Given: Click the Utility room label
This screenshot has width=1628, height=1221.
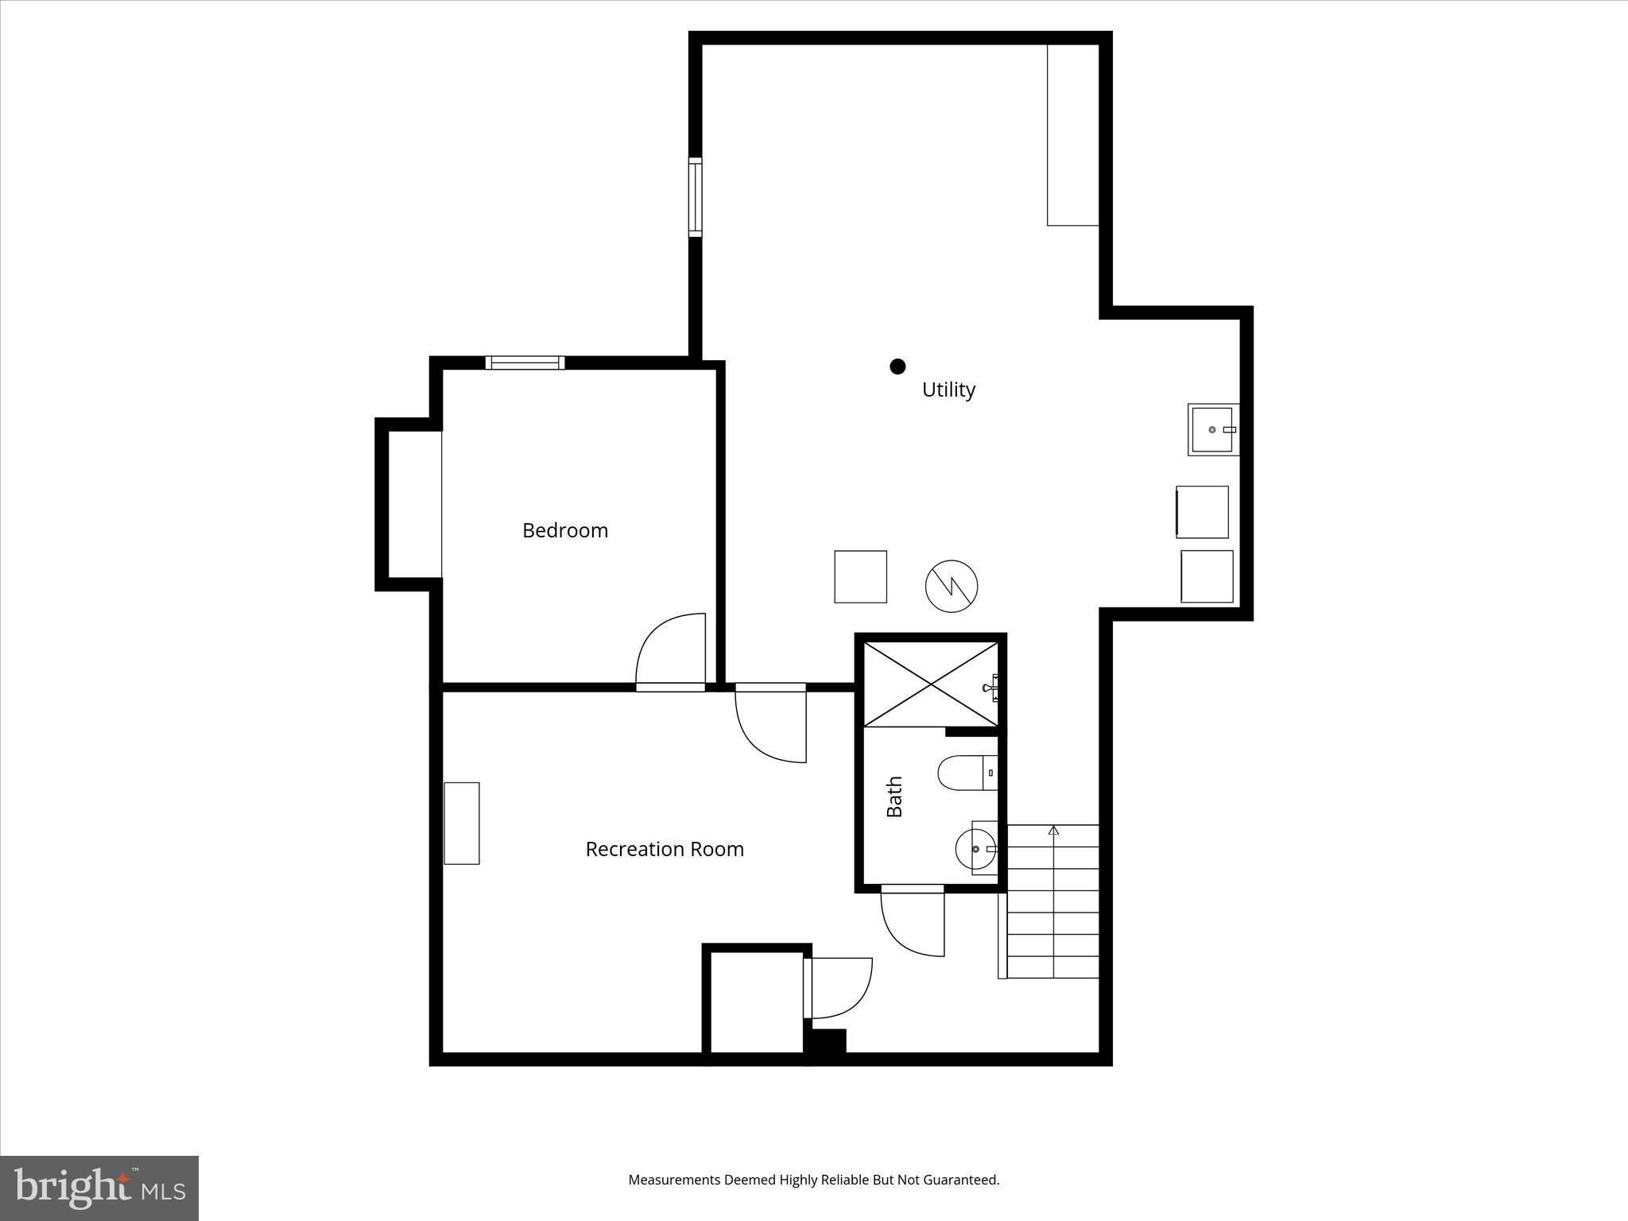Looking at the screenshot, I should pyautogui.click(x=948, y=390).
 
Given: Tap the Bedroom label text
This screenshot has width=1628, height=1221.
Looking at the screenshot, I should pyautogui.click(x=564, y=530).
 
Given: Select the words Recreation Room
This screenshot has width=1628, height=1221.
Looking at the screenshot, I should pyautogui.click(x=665, y=849).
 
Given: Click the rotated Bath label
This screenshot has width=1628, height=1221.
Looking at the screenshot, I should pyautogui.click(x=894, y=797).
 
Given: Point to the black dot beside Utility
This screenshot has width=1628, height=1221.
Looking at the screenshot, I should pyautogui.click(x=897, y=366).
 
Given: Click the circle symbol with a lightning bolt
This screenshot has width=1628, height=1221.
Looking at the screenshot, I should pyautogui.click(x=951, y=587).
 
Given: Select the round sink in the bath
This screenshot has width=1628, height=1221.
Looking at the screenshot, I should pyautogui.click(x=975, y=849).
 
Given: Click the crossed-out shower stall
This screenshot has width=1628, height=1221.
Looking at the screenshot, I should pyautogui.click(x=930, y=684).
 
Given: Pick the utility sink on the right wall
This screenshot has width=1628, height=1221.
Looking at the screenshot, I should pyautogui.click(x=1212, y=429).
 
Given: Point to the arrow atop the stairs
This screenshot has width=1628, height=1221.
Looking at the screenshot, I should pyautogui.click(x=1054, y=831).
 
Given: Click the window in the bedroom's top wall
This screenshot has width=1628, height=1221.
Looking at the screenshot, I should pyautogui.click(x=525, y=362).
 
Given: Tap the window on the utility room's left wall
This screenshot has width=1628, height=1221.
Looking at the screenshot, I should pyautogui.click(x=696, y=197).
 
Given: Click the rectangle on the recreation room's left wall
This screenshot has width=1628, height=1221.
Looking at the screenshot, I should pyautogui.click(x=461, y=823).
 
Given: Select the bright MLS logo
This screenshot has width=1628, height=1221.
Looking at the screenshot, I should pyautogui.click(x=99, y=1188).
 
